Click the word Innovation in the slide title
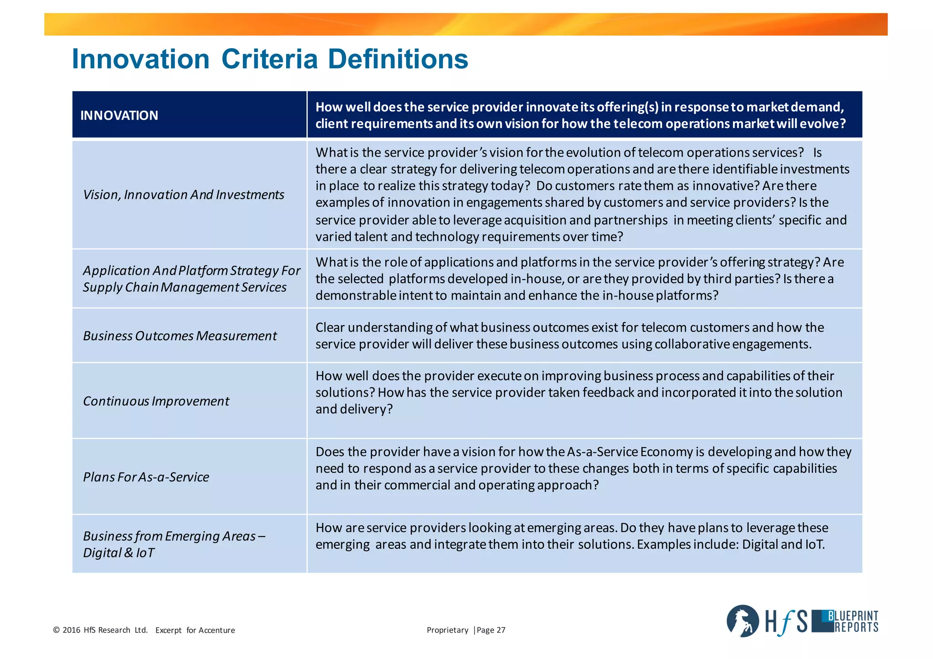[x=140, y=59]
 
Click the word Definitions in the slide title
[x=398, y=59]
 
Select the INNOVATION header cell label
[x=119, y=115]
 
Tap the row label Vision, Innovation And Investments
[x=183, y=195]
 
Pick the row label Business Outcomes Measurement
[x=179, y=336]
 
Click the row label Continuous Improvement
[x=156, y=401]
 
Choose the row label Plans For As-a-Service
[x=146, y=477]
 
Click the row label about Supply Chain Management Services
[x=185, y=287]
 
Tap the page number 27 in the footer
[x=501, y=630]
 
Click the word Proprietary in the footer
[x=447, y=630]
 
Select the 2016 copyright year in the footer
[x=72, y=630]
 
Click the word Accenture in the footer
[x=217, y=630]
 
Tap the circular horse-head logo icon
[x=743, y=621]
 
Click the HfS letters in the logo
[x=785, y=622]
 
